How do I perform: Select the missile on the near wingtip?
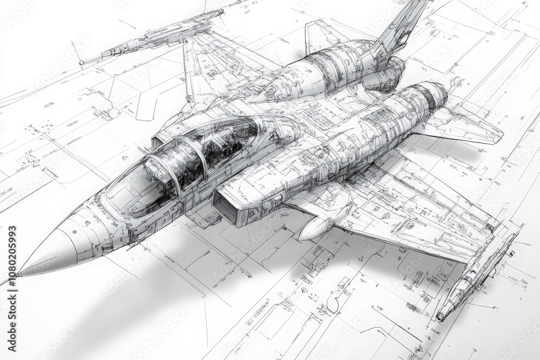[x=475, y=275]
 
